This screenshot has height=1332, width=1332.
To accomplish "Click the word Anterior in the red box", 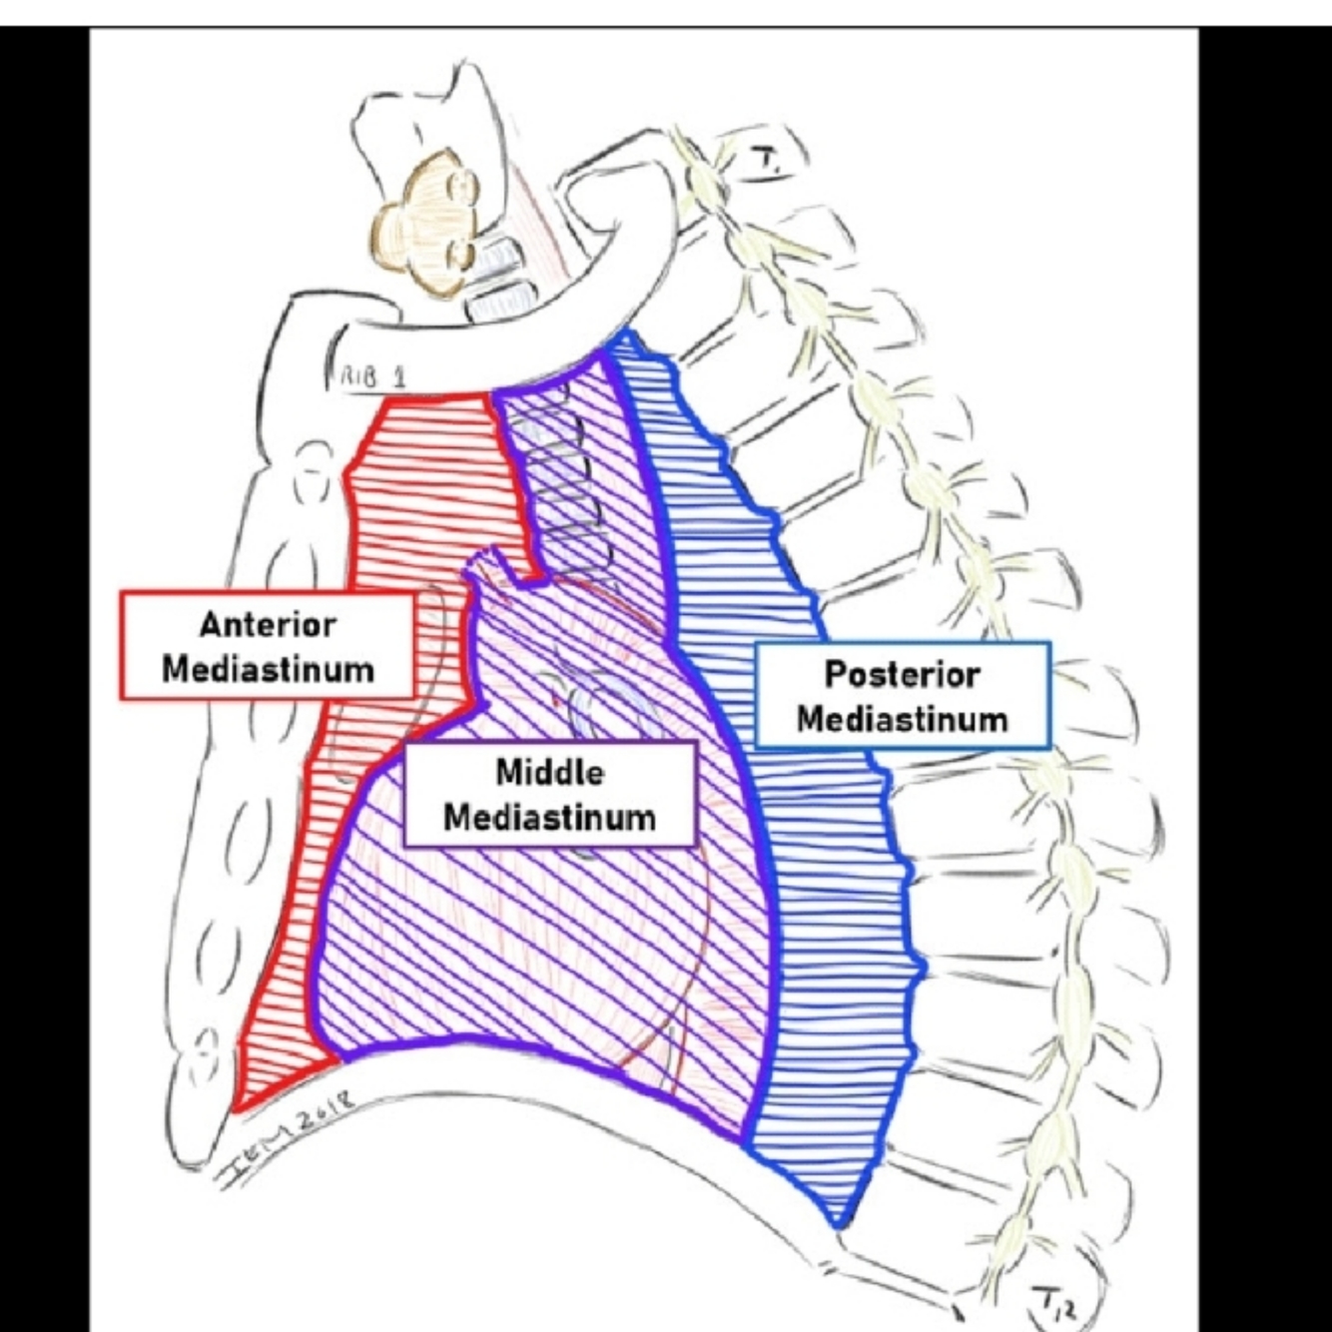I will (x=268, y=625).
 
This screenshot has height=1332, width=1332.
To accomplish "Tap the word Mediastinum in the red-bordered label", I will (x=268, y=668).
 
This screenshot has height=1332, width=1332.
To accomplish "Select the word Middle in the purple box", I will (x=549, y=772).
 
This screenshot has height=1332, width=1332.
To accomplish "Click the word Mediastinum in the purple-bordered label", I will (x=549, y=817).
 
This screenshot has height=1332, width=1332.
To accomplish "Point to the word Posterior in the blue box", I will (x=902, y=674).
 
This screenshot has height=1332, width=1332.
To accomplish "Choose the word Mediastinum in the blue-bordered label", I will (x=902, y=718).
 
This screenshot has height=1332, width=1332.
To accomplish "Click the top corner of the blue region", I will (x=623, y=334).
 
